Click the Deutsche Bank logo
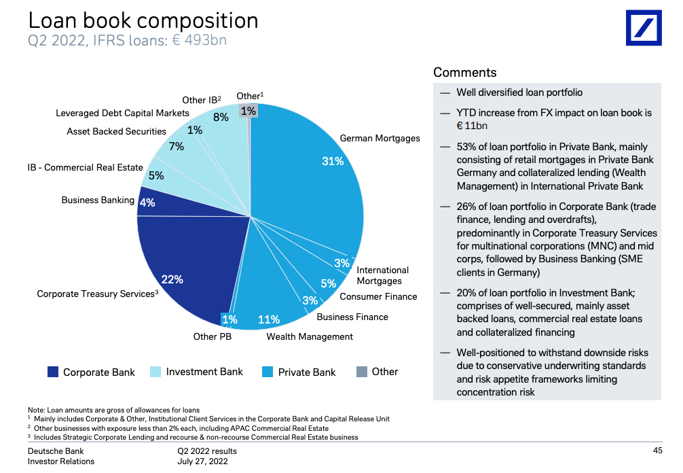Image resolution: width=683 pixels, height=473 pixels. (643, 28)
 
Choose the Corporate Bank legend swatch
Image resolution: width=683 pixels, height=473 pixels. (53, 372)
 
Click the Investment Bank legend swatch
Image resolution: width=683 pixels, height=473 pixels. (155, 372)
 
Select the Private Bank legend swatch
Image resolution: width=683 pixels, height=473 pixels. (267, 372)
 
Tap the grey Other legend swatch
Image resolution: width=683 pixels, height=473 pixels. (362, 372)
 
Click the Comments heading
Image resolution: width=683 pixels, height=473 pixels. (465, 73)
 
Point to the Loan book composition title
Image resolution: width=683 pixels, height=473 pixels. (143, 20)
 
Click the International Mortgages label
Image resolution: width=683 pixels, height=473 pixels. (382, 275)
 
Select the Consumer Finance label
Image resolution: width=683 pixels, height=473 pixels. (378, 296)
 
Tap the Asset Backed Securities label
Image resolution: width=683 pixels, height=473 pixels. (116, 131)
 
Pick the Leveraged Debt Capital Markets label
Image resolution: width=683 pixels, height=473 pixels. (122, 113)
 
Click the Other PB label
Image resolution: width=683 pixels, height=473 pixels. (213, 336)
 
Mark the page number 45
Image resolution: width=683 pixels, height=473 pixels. (657, 451)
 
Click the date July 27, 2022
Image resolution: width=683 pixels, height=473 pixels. (202, 461)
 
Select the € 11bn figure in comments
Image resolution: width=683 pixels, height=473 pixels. (472, 126)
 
